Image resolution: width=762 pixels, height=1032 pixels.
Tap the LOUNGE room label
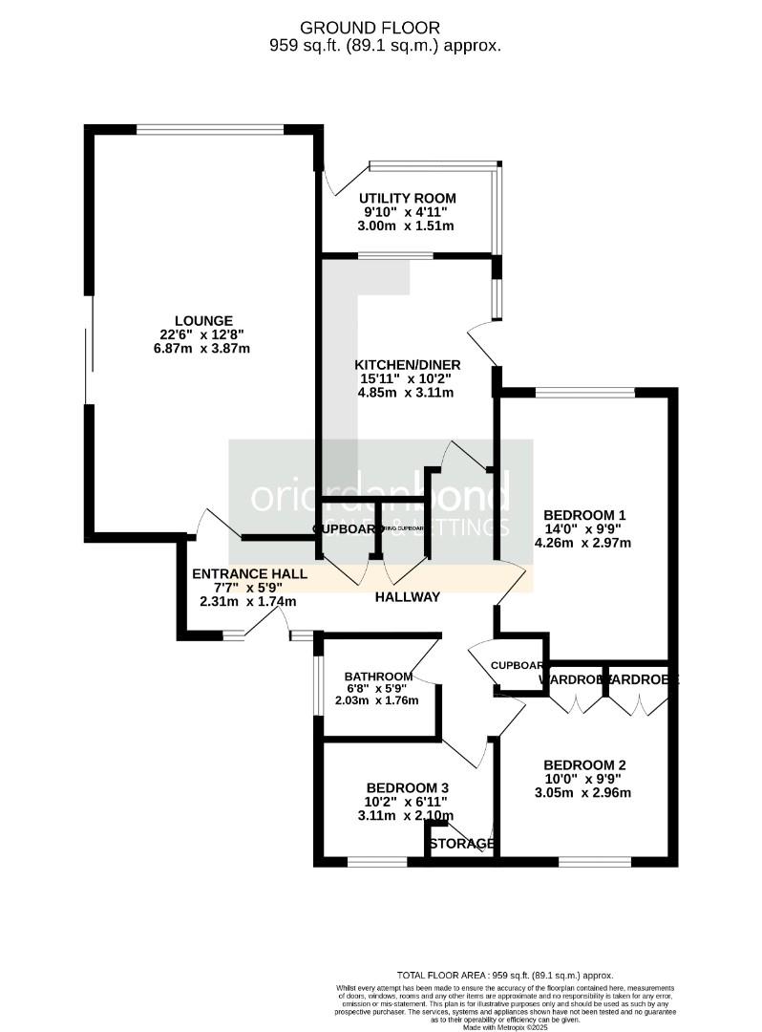point(203,320)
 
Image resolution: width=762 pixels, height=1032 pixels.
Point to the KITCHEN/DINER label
point(408,365)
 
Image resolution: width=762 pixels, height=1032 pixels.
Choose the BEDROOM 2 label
point(584,764)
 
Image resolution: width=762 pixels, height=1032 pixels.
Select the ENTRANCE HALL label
point(249,574)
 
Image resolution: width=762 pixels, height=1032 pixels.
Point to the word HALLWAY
point(407,597)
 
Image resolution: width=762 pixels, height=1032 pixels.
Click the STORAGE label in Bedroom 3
point(462,844)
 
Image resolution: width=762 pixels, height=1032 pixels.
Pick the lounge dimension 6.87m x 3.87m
point(203,349)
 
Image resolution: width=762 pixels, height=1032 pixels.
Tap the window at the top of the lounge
point(209,129)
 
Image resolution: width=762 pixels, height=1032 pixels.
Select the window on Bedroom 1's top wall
point(584,392)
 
